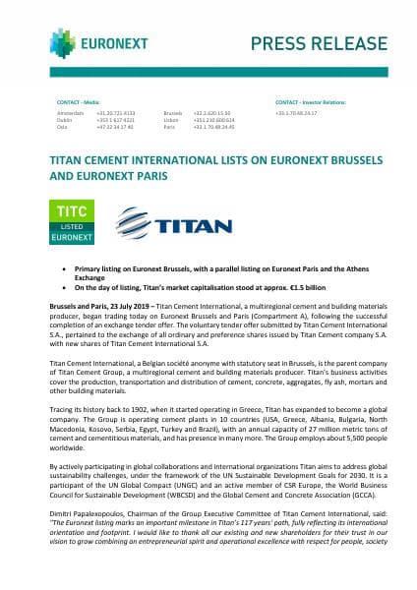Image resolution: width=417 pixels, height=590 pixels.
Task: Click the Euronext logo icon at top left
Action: coord(61,41)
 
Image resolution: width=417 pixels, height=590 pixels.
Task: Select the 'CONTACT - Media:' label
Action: coord(79,101)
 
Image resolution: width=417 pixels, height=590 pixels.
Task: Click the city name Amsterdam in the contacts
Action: coord(71,113)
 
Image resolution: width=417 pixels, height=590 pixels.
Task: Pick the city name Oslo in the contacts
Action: coord(64,127)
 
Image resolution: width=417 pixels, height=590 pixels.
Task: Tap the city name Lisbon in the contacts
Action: coord(170,120)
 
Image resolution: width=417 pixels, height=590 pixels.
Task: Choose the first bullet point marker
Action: coord(64,267)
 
